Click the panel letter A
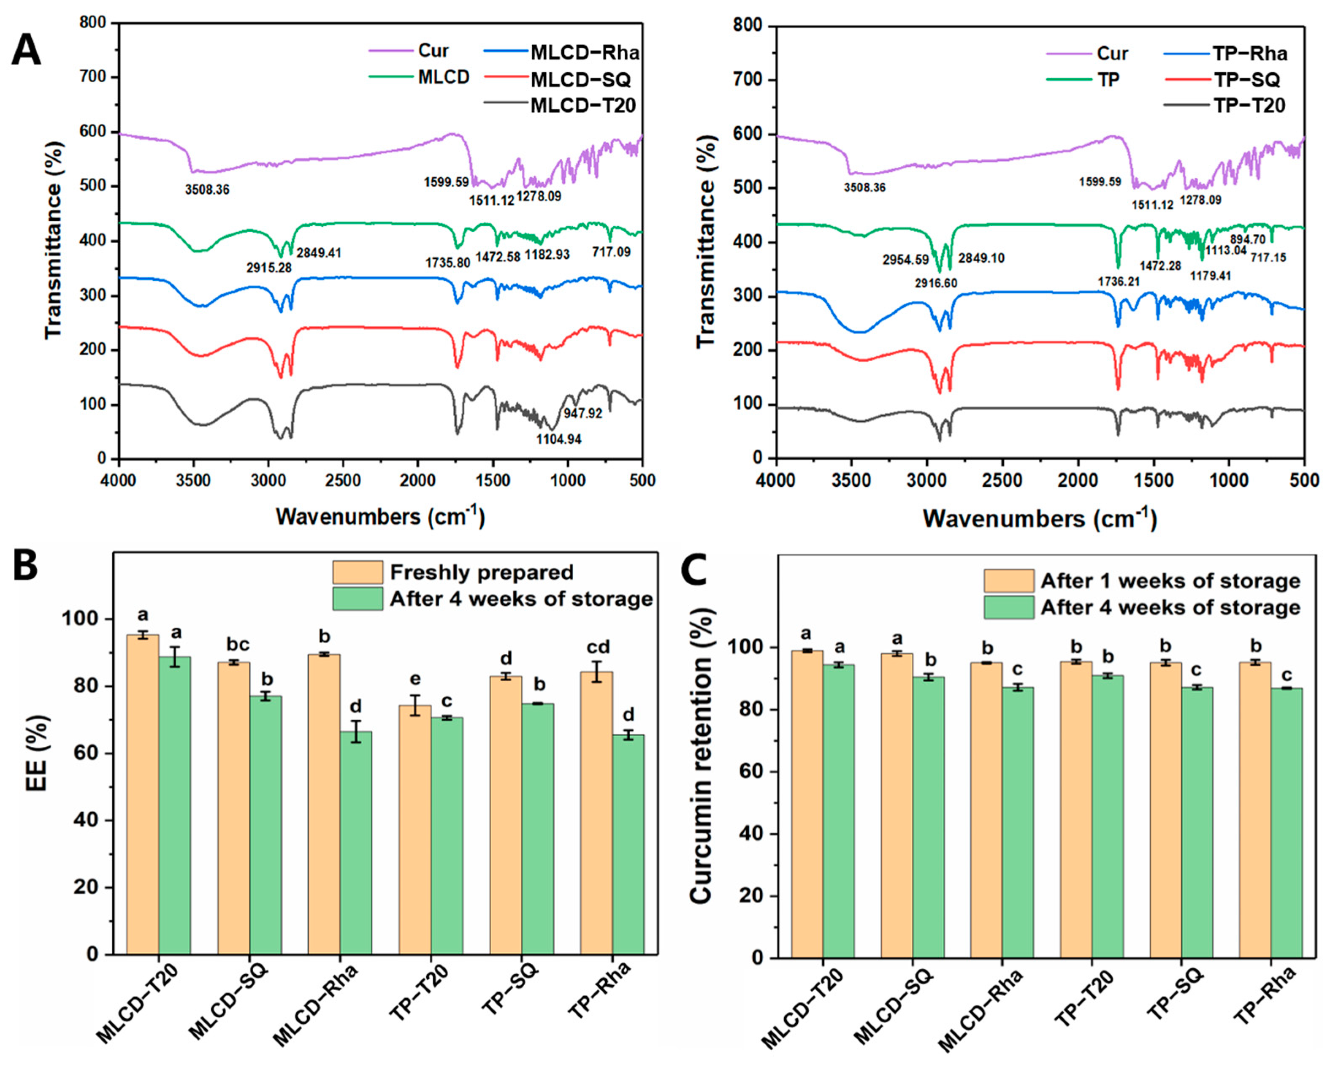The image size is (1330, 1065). coord(26,51)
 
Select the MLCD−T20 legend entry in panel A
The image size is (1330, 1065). coord(583,106)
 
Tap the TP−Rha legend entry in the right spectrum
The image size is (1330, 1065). coord(1250,54)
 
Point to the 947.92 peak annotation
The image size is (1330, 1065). coord(582,413)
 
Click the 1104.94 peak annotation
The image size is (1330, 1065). coord(558,439)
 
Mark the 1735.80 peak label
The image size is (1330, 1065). coord(447,263)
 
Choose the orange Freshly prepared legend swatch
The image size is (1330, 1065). coord(357,572)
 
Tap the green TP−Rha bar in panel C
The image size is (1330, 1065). coord(1286,823)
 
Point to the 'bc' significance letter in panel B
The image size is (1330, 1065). coord(238,645)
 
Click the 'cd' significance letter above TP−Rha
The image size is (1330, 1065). coord(598,647)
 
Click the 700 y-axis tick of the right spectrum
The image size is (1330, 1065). coord(748,80)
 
